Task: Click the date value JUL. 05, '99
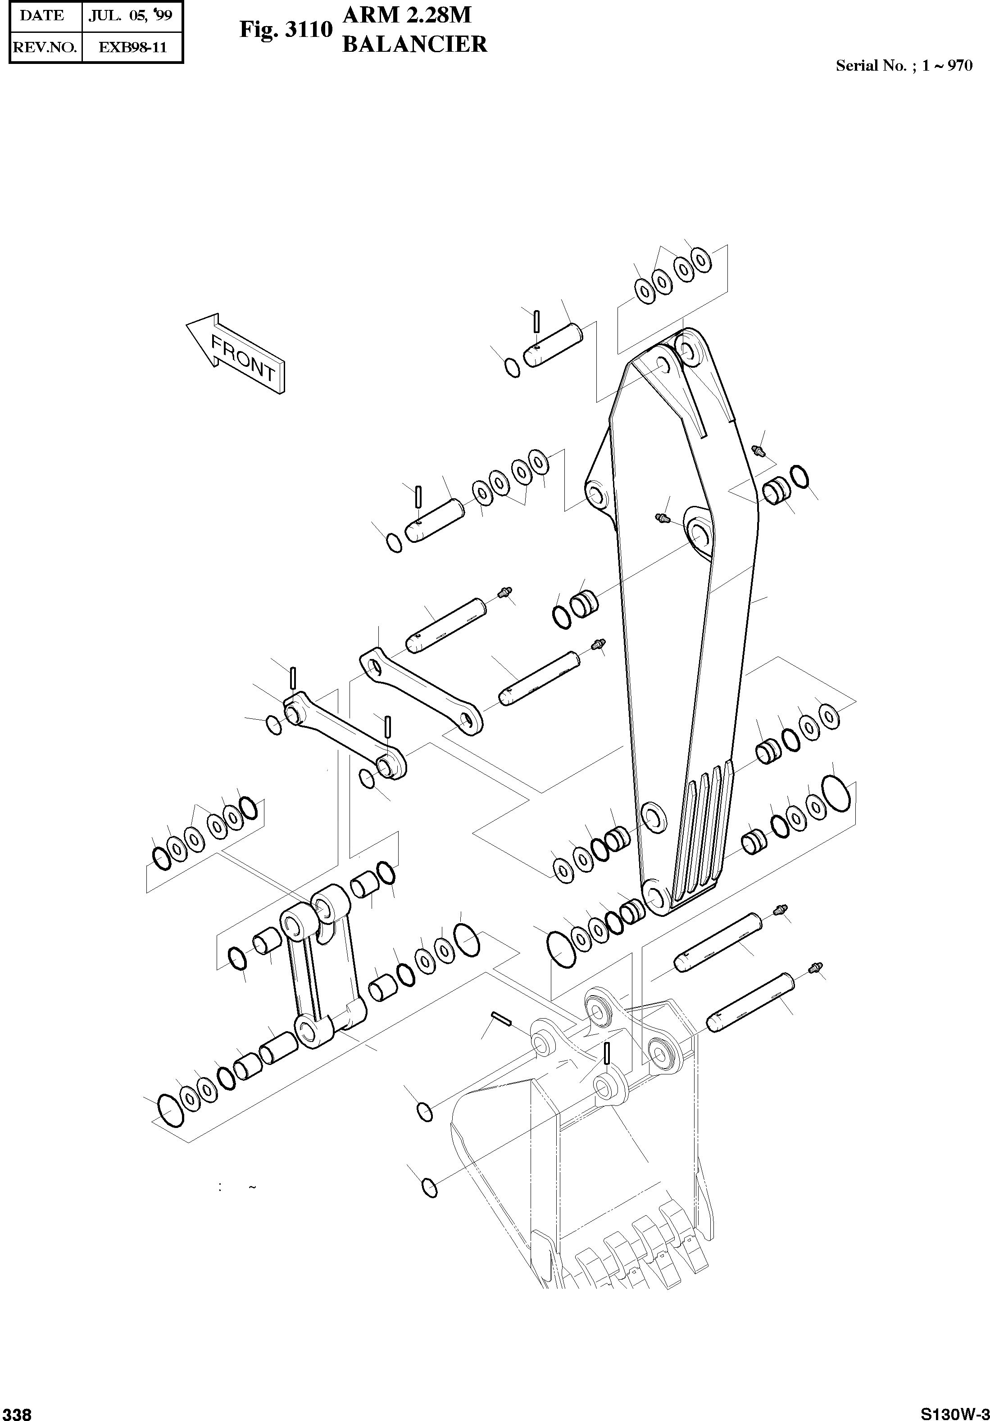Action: tap(131, 16)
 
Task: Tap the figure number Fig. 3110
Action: tap(286, 29)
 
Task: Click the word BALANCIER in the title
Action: tap(415, 45)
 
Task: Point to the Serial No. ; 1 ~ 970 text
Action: tap(904, 66)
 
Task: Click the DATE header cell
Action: tap(42, 16)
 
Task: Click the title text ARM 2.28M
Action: tap(407, 15)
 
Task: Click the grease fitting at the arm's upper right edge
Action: tap(758, 451)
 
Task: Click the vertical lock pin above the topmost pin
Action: tap(537, 320)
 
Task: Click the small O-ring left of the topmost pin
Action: tap(513, 368)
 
